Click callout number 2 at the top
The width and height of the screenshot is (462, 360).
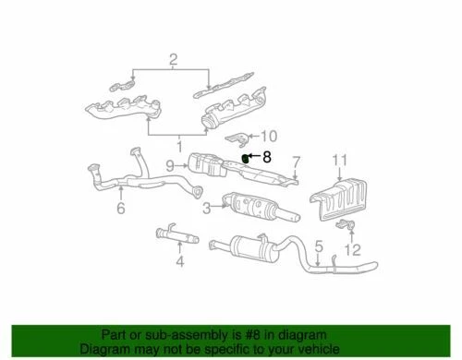[x=172, y=62]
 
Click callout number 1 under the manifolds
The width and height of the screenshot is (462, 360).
[x=179, y=145]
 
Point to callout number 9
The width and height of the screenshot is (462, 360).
[x=170, y=166]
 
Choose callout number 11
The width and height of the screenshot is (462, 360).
[x=340, y=161]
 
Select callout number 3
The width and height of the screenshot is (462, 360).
[x=206, y=208]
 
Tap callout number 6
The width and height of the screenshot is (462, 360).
[x=120, y=210]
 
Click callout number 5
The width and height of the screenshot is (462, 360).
[x=317, y=246]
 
